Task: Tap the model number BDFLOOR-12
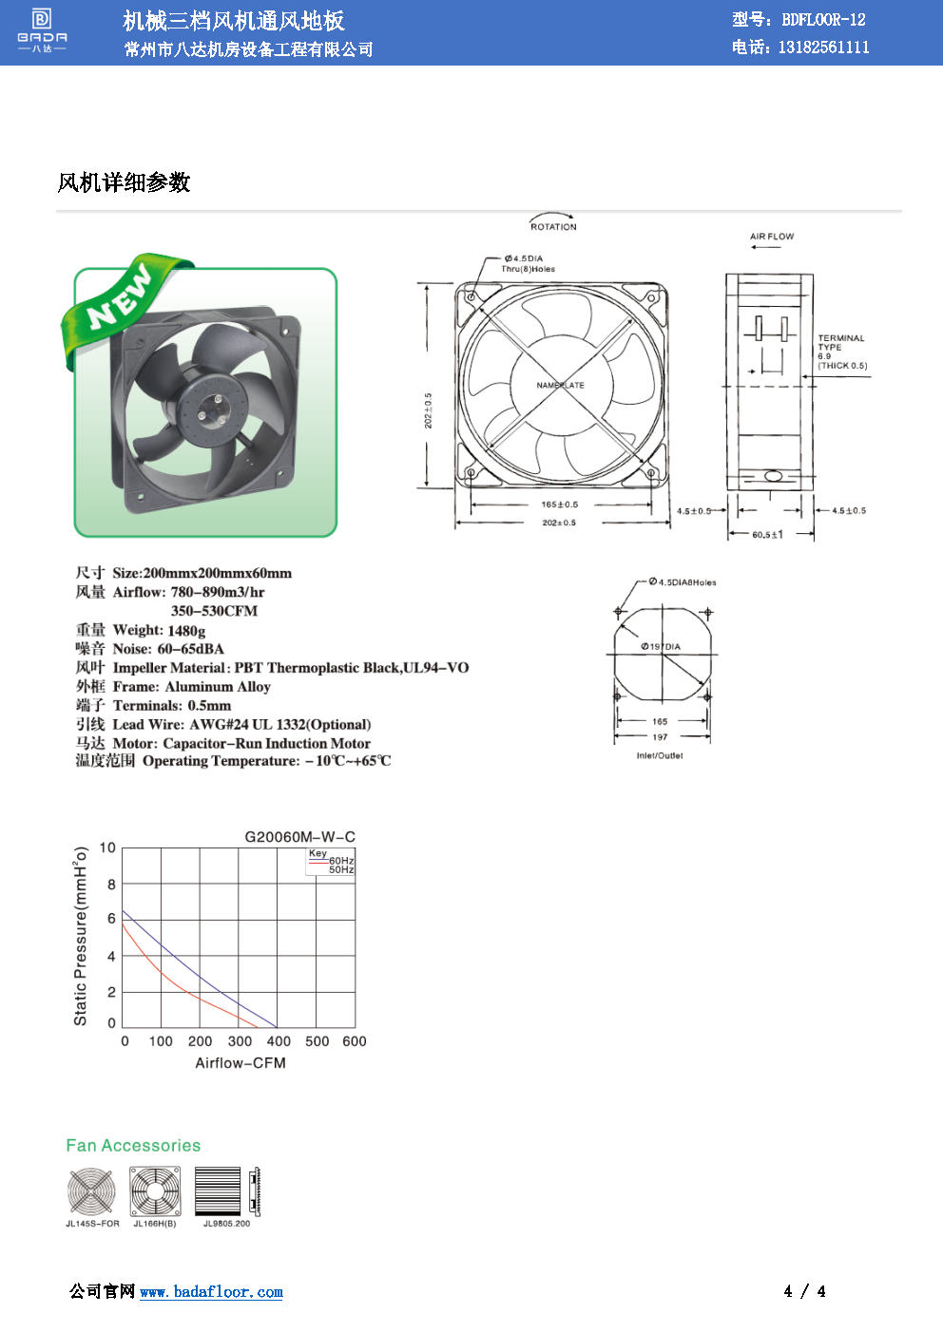pos(823,20)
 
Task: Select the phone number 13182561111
pos(823,48)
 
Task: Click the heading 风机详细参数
pos(124,182)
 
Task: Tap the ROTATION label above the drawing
pos(553,227)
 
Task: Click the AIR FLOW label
pos(771,237)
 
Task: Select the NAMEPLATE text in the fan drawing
pos(560,386)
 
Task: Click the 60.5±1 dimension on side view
pos(767,535)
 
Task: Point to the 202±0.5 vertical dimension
pos(428,410)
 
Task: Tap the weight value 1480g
pos(186,630)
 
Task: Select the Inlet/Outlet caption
pos(660,756)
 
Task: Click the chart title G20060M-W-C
pos(299,837)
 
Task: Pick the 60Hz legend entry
pos(341,861)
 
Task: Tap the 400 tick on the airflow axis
pos(279,1041)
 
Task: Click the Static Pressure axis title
pos(81,936)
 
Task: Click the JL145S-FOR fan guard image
pos(91,1191)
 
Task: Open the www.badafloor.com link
pos(211,1292)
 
